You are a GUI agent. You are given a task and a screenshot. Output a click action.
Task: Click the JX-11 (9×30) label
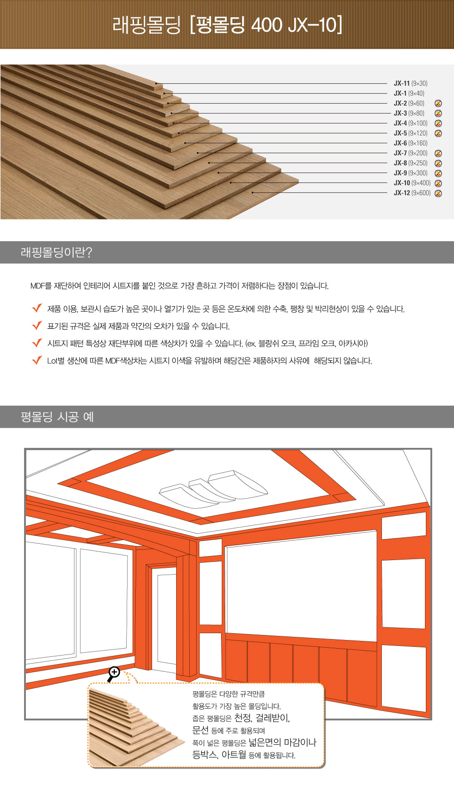[x=410, y=84]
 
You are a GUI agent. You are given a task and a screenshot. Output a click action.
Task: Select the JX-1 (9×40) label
[x=409, y=94]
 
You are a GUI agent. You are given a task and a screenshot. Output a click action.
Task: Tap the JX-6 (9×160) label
[x=410, y=144]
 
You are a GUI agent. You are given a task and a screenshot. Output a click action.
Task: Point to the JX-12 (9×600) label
[x=412, y=193]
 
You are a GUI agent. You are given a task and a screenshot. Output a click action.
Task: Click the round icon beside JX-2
[x=438, y=104]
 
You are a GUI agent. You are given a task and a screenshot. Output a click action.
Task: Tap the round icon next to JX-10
[x=438, y=184]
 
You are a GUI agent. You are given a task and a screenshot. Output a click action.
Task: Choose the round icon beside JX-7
[x=438, y=154]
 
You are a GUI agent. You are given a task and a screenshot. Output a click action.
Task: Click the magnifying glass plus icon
[x=113, y=673]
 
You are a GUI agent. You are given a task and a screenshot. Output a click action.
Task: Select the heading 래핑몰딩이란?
[x=56, y=253]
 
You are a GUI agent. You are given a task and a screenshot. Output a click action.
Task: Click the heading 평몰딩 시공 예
[x=57, y=417]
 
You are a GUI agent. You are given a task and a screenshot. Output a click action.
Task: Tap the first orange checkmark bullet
[x=37, y=308]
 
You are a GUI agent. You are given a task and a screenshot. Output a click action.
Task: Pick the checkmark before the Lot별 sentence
[x=37, y=361]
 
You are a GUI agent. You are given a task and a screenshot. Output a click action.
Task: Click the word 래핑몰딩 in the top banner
[x=146, y=25]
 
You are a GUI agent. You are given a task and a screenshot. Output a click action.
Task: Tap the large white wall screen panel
[x=301, y=586]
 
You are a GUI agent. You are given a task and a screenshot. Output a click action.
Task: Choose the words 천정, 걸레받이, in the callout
[x=262, y=718]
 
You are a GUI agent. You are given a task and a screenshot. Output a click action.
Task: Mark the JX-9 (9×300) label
[x=410, y=173]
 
